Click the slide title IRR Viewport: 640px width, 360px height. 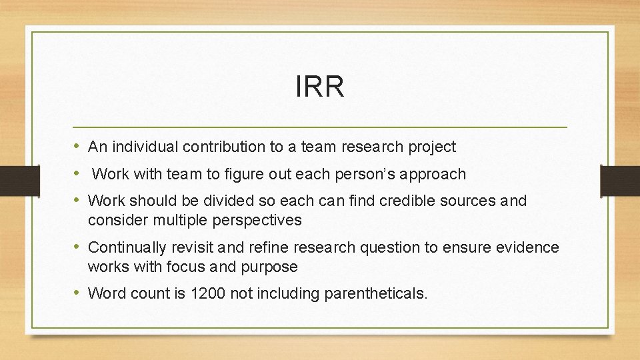tap(320, 87)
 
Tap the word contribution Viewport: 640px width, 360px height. tap(217, 147)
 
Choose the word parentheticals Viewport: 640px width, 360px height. tap(374, 293)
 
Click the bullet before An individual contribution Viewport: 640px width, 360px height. tap(78, 146)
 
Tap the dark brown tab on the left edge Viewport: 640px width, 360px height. tap(13, 180)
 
